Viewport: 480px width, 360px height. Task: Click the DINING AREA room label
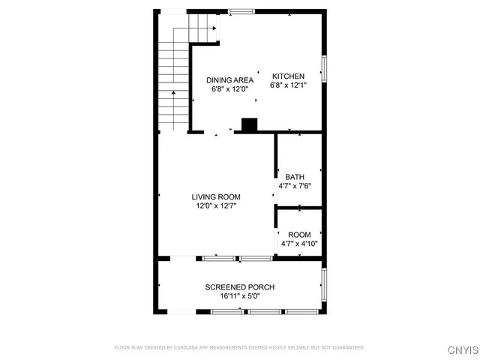[229, 80]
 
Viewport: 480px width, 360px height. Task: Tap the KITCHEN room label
[288, 76]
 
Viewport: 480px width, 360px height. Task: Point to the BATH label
[295, 177]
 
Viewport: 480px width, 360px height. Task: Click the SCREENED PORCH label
[240, 287]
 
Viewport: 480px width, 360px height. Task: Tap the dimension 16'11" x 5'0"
[240, 296]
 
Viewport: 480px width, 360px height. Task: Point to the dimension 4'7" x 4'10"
[299, 244]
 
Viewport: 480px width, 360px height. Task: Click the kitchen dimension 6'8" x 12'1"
[289, 85]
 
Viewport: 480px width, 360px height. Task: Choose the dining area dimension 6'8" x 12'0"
[229, 89]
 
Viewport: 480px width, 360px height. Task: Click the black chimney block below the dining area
[248, 125]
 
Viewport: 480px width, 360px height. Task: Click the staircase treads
[172, 82]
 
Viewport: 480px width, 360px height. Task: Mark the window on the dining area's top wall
[240, 10]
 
